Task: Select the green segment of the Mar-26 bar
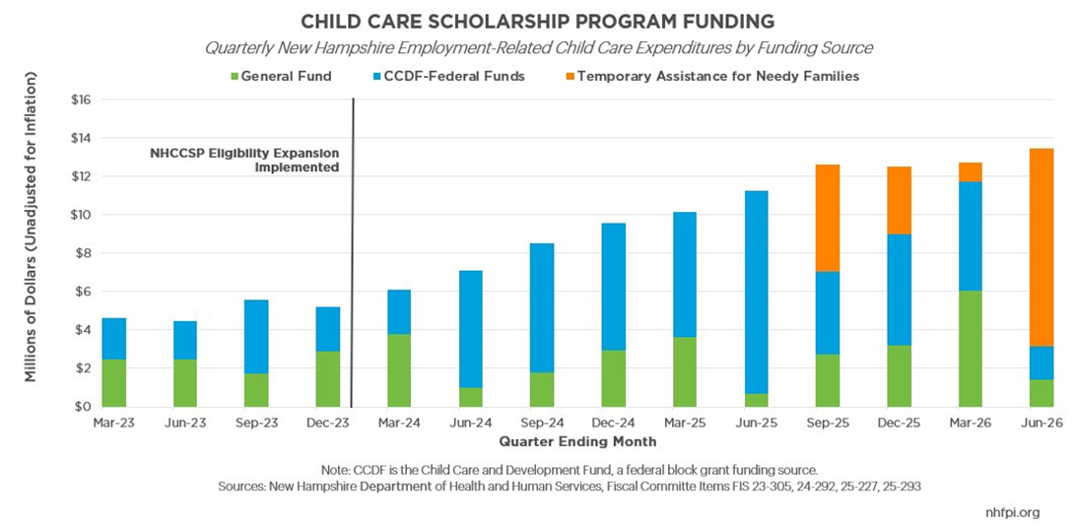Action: tap(970, 349)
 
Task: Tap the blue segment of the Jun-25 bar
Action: tap(756, 293)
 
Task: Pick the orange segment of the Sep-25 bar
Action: tap(827, 218)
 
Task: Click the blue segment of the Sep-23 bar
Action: tap(256, 337)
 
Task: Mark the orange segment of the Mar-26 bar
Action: tap(970, 172)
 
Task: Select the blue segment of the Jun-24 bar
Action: tap(470, 329)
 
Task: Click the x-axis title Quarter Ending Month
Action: tap(577, 442)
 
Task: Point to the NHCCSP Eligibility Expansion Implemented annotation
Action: tap(244, 160)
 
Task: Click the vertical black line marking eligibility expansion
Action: tap(352, 251)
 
